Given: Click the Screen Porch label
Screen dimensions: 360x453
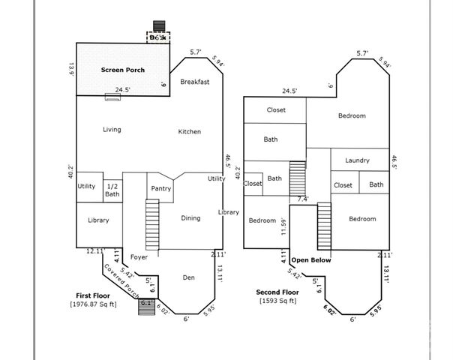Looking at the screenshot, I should [123, 70].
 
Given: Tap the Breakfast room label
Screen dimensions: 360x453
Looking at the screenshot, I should [194, 81].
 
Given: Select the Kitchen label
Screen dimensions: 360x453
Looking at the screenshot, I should [189, 131].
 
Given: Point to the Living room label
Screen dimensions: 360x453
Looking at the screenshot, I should [112, 130].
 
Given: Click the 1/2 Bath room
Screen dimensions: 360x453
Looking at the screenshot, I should [112, 190].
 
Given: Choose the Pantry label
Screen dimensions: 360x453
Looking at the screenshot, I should [160, 188].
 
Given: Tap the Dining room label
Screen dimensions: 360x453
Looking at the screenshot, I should [190, 218].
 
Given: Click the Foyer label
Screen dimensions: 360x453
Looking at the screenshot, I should [139, 257].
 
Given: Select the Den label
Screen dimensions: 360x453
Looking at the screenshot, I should [189, 277].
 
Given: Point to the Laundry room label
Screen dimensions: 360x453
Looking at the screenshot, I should [357, 160].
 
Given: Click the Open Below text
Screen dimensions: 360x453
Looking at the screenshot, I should [311, 260].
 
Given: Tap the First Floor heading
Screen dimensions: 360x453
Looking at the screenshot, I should [94, 295].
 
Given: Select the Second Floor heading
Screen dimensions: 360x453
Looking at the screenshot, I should [276, 292].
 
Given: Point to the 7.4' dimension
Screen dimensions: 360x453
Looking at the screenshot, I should [302, 199].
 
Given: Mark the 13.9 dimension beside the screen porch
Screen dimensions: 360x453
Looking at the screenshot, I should [72, 69].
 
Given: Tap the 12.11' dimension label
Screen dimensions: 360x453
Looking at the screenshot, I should [94, 251].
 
